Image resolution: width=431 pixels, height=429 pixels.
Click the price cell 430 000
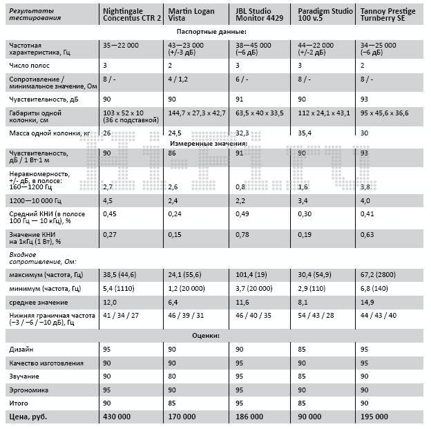click(x=117, y=417)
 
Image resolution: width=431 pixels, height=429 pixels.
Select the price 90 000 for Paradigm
click(x=309, y=417)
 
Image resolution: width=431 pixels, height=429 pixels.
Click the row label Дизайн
click(x=21, y=350)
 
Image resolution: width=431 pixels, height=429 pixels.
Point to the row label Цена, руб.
click(x=27, y=417)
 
